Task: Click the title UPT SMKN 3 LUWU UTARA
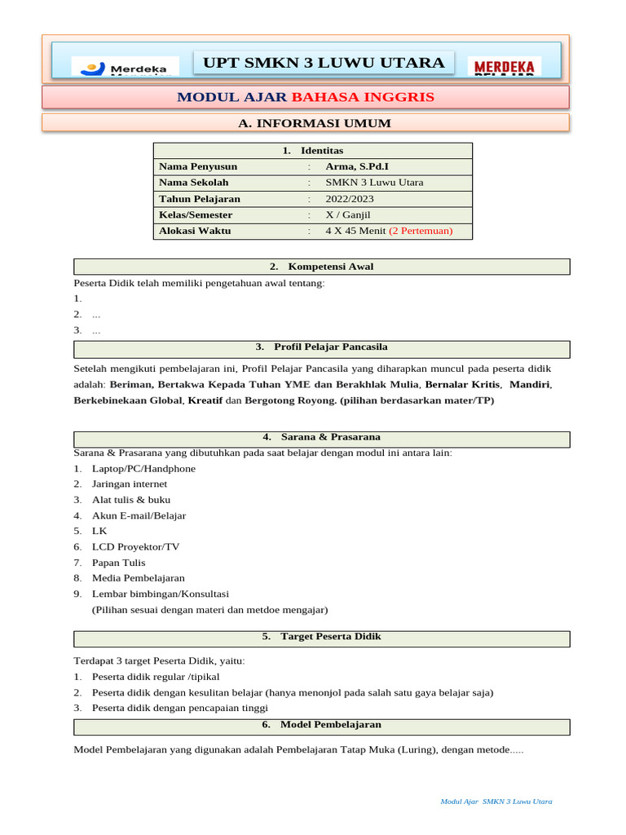tap(324, 63)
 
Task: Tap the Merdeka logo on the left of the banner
tap(125, 67)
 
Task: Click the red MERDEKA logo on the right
tap(505, 66)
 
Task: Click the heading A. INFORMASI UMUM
tap(314, 123)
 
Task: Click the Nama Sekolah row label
tap(194, 183)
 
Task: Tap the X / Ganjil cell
tap(349, 214)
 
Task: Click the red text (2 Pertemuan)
tap(421, 231)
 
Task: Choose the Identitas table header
tap(313, 151)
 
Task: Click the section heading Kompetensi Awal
tap(322, 267)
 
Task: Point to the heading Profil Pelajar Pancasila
tap(322, 347)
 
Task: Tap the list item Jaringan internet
tap(130, 484)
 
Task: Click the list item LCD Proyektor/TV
tap(135, 546)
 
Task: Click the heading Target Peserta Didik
tap(322, 636)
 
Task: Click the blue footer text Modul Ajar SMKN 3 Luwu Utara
tap(496, 802)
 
